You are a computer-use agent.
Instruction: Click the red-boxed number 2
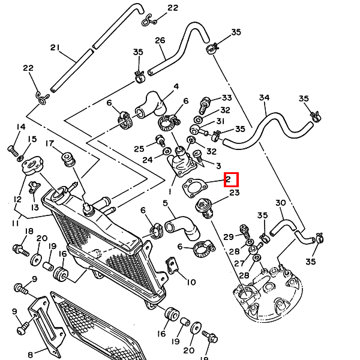pos(231,179)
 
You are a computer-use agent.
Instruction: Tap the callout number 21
pos(55,47)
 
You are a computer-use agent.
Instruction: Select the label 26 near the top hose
pos(160,41)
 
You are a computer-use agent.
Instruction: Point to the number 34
pos(265,98)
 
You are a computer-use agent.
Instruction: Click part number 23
pos(234,193)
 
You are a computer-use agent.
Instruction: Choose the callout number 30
pos(280,203)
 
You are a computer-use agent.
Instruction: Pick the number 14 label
pos(21,127)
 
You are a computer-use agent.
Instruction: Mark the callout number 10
pos(191,282)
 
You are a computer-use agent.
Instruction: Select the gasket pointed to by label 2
pos(193,187)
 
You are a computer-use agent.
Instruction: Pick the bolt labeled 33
pos(205,106)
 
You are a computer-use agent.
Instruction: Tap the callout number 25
pos(139,149)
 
